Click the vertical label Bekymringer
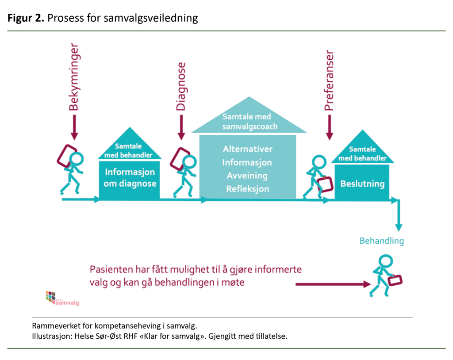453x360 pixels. tap(74, 77)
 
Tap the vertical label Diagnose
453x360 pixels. tap(180, 86)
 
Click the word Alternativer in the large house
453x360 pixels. tap(248, 149)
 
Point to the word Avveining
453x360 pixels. tap(248, 176)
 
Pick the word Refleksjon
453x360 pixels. tap(248, 189)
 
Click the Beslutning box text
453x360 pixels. tap(362, 184)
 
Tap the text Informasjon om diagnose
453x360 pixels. tap(131, 177)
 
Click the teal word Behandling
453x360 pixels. tap(381, 241)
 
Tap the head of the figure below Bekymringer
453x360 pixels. tap(77, 158)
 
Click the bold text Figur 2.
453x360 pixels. tap(26, 18)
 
